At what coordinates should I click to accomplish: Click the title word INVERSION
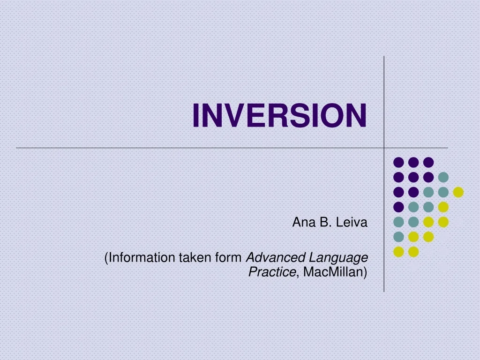[x=279, y=115]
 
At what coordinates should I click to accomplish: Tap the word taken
[x=195, y=257]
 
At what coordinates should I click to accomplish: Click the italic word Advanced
[x=276, y=257]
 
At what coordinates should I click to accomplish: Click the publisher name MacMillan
[x=335, y=272]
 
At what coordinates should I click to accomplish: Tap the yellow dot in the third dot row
[x=458, y=192]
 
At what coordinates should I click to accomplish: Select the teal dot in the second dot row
[x=443, y=177]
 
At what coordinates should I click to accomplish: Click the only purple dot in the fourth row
[x=398, y=207]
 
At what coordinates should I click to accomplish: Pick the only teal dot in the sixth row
[x=398, y=237]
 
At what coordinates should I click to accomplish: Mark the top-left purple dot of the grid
[x=398, y=162]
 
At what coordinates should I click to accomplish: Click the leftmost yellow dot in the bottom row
[x=398, y=252]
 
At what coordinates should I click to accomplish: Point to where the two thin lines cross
[x=384, y=148]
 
